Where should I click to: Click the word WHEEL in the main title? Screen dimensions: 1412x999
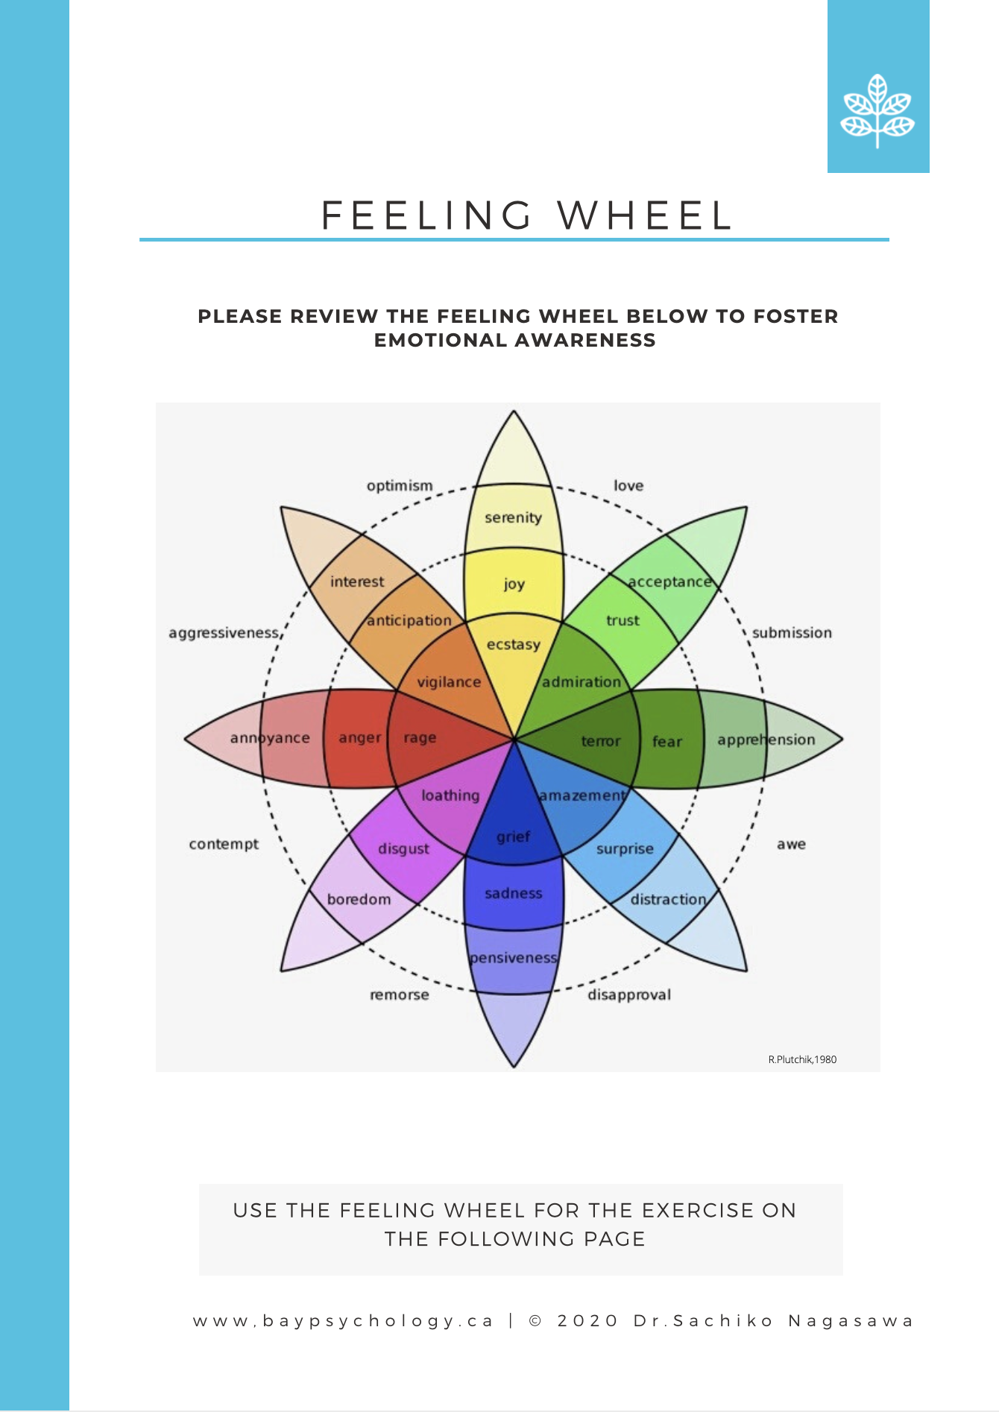[646, 216]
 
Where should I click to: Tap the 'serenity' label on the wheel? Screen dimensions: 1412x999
[513, 517]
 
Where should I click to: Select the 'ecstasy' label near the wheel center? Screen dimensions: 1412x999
[513, 644]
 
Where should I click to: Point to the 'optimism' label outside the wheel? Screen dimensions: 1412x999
[400, 486]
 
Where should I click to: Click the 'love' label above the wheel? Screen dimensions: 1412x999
[628, 486]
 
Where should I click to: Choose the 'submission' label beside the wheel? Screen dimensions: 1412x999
[792, 633]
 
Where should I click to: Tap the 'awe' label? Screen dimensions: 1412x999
[791, 845]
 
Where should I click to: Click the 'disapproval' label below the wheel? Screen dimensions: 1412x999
[629, 995]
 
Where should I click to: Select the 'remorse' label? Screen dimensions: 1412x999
[400, 995]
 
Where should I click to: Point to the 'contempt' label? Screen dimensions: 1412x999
[224, 845]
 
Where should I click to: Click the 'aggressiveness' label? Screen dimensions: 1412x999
[224, 633]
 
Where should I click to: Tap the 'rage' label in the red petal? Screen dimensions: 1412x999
[420, 738]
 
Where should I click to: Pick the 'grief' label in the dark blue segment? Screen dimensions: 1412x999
[514, 836]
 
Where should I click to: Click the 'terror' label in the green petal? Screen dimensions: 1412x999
[601, 741]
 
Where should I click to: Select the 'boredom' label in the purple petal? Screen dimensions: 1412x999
[359, 899]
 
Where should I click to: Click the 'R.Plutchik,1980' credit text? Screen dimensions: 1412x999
[802, 1059]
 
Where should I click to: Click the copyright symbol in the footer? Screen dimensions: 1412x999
[535, 1321]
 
